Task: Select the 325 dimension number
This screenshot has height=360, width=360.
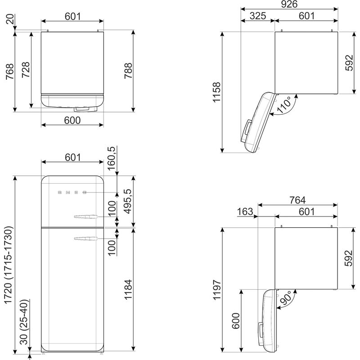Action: [257, 16]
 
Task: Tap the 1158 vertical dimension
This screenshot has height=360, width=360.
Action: [217, 93]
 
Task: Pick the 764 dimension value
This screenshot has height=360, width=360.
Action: [297, 200]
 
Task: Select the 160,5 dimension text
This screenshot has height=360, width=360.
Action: [112, 157]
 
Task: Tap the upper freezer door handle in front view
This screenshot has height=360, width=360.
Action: [85, 218]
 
